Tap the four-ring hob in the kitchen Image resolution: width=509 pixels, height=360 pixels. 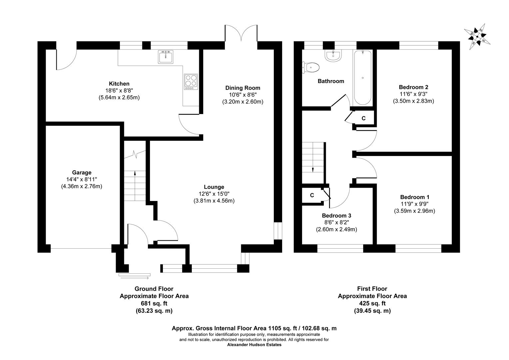click(x=191, y=82)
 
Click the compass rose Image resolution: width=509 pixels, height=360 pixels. click(x=477, y=36)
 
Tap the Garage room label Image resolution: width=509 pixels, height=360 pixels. click(x=82, y=173)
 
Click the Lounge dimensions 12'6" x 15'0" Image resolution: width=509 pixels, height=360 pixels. click(x=214, y=194)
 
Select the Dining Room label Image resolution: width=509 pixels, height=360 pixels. click(x=243, y=88)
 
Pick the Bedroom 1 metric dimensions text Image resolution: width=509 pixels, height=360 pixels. click(x=414, y=211)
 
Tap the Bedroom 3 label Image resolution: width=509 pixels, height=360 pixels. click(x=336, y=216)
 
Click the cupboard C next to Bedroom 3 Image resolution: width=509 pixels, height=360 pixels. click(x=312, y=195)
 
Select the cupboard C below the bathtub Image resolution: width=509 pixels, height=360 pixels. click(x=363, y=118)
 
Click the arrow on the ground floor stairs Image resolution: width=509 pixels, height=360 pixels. click(x=135, y=173)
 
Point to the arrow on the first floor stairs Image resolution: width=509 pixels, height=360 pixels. click(x=313, y=169)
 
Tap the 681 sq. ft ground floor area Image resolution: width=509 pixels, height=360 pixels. click(x=154, y=303)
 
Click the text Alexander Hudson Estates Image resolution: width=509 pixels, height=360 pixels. click(x=254, y=345)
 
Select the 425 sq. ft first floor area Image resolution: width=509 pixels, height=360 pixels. click(x=372, y=303)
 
